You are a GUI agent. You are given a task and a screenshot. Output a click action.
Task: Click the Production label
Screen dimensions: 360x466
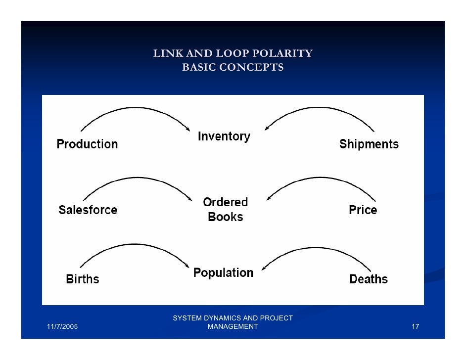[87, 144]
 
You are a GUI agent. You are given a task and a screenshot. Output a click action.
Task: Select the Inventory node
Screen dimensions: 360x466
[224, 136]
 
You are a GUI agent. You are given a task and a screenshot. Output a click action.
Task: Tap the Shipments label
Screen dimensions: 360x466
[369, 144]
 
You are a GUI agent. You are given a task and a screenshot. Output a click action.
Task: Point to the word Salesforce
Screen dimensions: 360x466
[88, 210]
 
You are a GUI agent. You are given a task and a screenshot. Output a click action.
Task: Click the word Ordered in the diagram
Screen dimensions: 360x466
[225, 202]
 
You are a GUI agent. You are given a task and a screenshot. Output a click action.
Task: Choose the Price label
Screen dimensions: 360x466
[363, 210]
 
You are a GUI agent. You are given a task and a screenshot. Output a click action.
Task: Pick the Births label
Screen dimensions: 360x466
[83, 279]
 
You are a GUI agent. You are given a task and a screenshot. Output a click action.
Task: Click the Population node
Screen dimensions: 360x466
[223, 272]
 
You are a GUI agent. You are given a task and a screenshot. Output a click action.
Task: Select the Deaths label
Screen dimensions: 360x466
[368, 279]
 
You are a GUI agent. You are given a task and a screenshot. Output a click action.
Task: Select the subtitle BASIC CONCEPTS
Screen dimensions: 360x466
[233, 67]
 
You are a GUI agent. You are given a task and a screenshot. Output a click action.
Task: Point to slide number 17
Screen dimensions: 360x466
[415, 327]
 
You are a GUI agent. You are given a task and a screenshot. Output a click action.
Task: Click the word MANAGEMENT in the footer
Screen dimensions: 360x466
[233, 326]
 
